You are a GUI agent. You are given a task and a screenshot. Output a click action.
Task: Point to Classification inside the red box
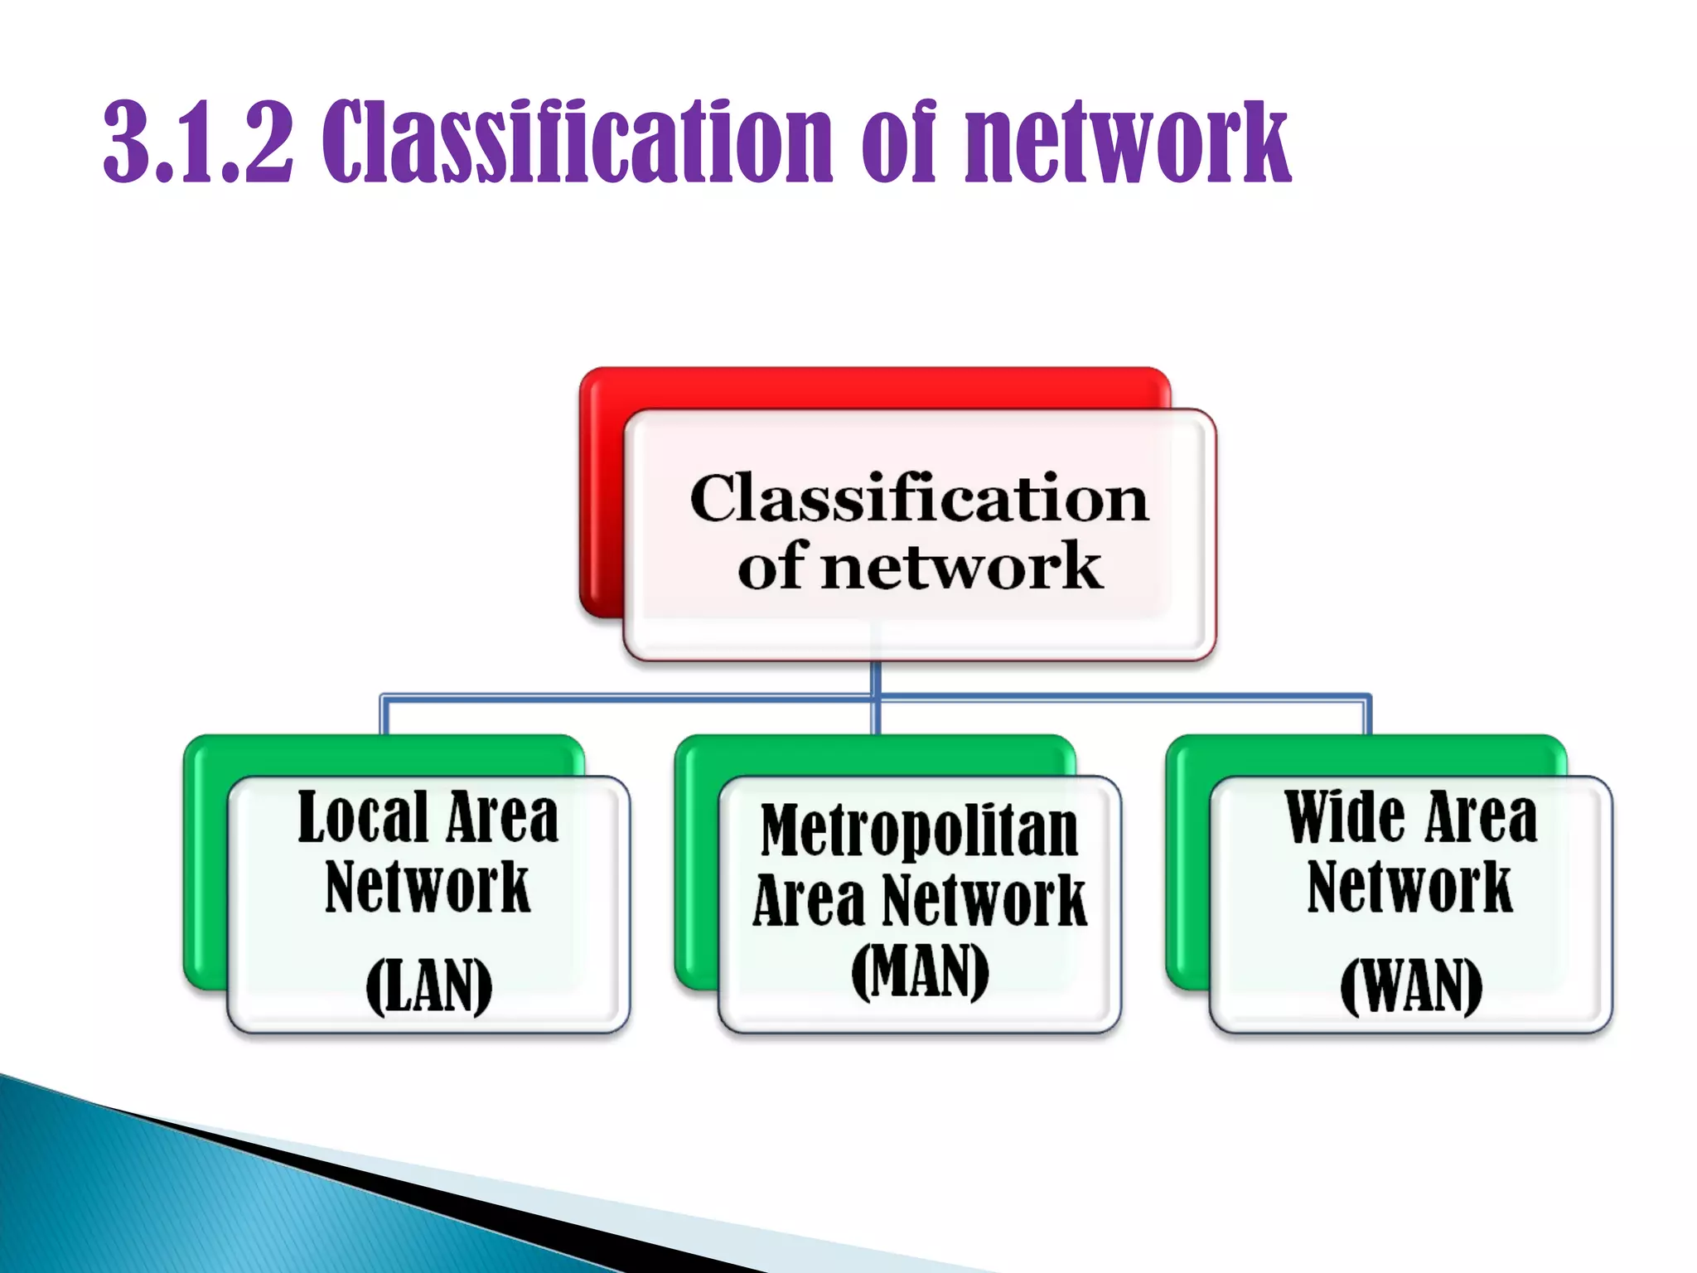pos(919,499)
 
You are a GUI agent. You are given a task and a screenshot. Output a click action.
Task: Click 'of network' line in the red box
pos(919,567)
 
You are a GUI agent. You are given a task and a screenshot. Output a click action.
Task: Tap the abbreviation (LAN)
pos(428,986)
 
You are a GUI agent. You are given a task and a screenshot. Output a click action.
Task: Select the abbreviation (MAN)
pos(920,971)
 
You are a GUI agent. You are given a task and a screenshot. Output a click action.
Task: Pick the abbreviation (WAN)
pos(1410,986)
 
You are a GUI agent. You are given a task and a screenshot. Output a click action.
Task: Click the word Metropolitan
pos(920,830)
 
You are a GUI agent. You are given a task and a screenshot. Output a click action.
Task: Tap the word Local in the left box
pos(363,818)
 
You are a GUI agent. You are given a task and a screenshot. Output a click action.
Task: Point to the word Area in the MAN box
pos(809,901)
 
